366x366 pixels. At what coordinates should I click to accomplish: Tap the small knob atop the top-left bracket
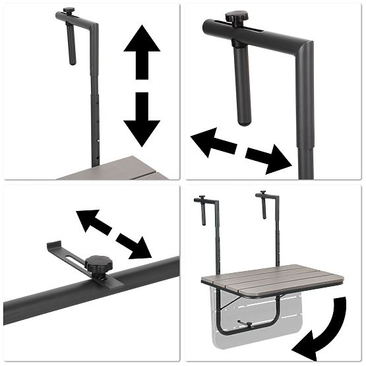coord(69,14)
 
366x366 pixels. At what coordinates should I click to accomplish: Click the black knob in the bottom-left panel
coord(98,265)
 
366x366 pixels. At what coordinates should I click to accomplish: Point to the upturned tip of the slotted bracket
coord(51,246)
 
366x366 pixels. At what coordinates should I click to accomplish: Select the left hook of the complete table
coord(202,208)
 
